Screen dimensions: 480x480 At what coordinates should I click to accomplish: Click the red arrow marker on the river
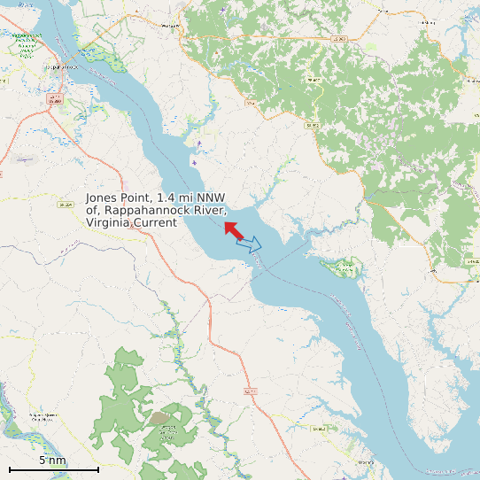point(234,230)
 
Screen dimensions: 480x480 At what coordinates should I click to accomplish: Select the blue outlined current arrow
point(250,244)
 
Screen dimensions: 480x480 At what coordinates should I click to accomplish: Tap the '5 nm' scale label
point(52,461)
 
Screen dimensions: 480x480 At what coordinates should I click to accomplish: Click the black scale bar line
point(53,468)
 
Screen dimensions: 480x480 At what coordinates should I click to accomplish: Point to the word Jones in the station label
point(101,198)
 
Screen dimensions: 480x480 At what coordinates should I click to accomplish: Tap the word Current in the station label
point(157,223)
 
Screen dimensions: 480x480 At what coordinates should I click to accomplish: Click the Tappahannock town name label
point(60,66)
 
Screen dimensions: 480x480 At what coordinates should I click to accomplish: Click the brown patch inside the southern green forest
point(160,417)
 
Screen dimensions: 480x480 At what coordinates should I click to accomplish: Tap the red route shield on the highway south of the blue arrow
point(251,391)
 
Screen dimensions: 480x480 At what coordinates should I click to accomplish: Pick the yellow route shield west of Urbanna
point(319,429)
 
